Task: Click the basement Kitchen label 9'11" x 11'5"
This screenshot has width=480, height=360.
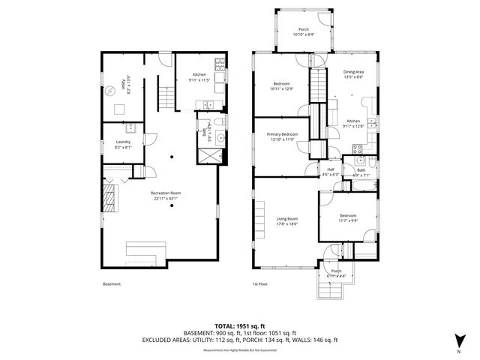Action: pyautogui.click(x=199, y=76)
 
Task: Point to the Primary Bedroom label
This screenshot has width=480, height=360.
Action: pyautogui.click(x=283, y=136)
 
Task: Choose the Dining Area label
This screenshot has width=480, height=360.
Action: pyautogui.click(x=353, y=74)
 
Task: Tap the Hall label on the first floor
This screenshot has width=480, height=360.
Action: pyautogui.click(x=330, y=172)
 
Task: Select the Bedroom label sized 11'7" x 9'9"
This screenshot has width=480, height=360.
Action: pyautogui.click(x=346, y=217)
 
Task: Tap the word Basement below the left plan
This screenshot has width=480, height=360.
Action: pyautogui.click(x=111, y=284)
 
